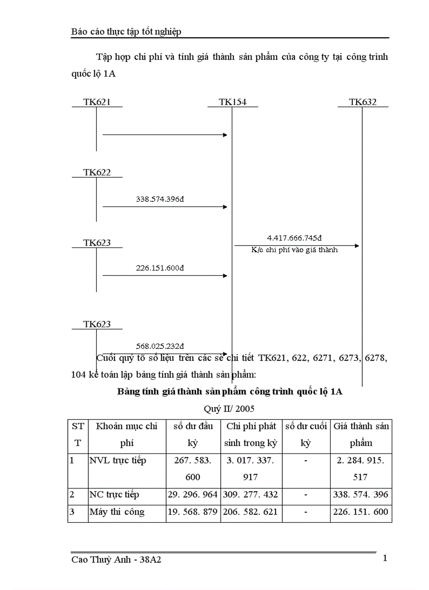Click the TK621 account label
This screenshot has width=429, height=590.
click(x=97, y=102)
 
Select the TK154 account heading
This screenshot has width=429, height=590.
click(x=232, y=102)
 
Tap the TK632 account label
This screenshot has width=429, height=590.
click(x=363, y=102)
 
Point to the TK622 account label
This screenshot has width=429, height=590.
click(x=97, y=172)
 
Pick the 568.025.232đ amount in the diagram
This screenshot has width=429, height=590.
click(x=159, y=346)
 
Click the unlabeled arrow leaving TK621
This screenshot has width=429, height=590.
click(x=165, y=135)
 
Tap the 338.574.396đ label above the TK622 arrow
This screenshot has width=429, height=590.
click(x=159, y=199)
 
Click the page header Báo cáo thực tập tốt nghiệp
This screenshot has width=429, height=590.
click(x=126, y=32)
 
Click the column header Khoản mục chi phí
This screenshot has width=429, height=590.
click(x=127, y=434)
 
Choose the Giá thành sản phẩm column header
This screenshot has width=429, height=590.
click(x=362, y=434)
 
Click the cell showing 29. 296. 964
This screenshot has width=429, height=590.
click(x=193, y=495)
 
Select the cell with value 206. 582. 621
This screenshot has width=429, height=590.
click(x=251, y=512)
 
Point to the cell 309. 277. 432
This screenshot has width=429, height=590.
click(x=251, y=495)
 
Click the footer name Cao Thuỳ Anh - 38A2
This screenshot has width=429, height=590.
click(x=116, y=560)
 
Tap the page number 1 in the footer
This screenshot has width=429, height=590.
click(x=385, y=558)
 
